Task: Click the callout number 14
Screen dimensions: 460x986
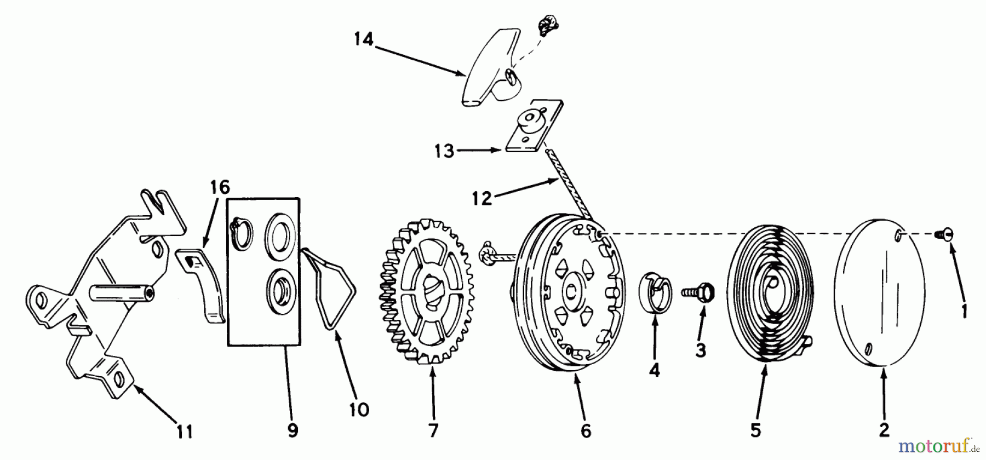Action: tap(363, 39)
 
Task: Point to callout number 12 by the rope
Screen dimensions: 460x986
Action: tap(482, 198)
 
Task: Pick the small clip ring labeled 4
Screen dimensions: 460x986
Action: tap(656, 291)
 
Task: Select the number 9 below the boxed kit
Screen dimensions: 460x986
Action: tap(293, 430)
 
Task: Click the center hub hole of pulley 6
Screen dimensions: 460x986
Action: tap(573, 293)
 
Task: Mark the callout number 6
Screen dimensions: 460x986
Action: tap(586, 430)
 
